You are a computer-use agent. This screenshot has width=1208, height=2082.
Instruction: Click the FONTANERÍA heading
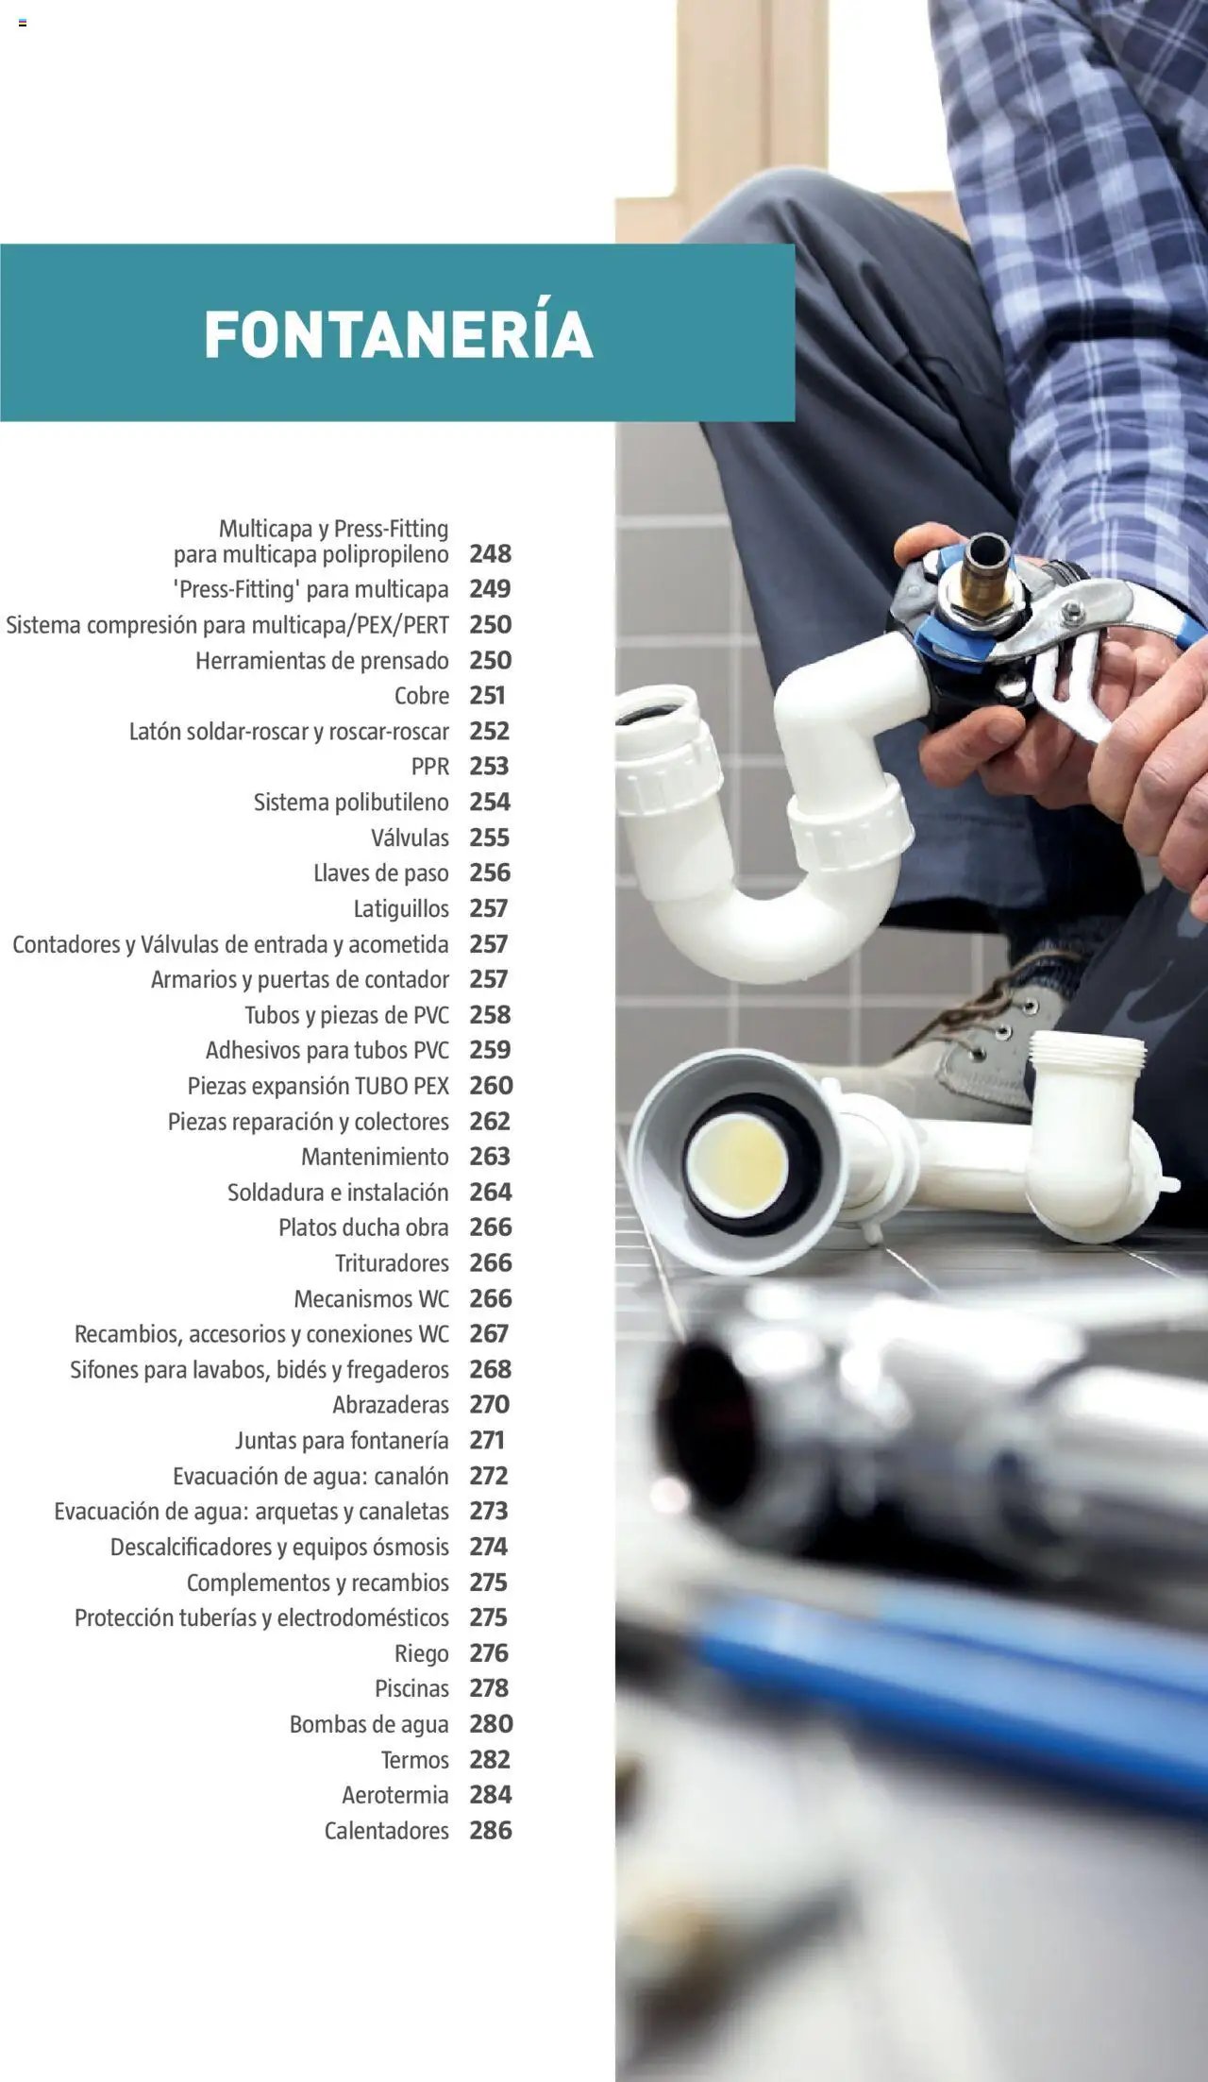point(398,333)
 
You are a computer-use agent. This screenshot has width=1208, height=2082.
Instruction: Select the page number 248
point(491,553)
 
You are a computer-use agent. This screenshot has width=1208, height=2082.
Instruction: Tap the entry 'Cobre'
point(422,696)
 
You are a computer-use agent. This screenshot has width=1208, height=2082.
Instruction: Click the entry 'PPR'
point(430,767)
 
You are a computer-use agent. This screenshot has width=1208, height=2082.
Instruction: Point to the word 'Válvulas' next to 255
point(411,838)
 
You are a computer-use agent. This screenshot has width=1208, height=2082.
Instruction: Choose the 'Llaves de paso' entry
point(381,873)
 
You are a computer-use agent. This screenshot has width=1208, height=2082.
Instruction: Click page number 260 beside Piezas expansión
point(492,1086)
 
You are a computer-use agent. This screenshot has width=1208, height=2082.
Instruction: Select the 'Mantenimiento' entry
point(376,1157)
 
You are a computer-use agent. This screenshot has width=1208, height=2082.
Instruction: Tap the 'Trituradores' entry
point(393,1263)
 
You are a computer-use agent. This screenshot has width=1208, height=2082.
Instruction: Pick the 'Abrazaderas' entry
point(391,1405)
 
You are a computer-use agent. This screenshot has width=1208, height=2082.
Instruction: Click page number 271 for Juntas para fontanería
point(487,1440)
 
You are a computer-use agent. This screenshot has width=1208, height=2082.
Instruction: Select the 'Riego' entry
point(422,1653)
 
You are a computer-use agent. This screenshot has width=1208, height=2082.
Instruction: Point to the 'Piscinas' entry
point(412,1688)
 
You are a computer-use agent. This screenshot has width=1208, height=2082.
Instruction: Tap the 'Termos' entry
point(415,1760)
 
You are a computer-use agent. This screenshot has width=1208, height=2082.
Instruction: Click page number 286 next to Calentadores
point(492,1831)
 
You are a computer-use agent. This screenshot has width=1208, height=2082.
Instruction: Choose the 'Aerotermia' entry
point(395,1795)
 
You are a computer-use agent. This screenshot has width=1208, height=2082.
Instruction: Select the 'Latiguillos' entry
point(401,909)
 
